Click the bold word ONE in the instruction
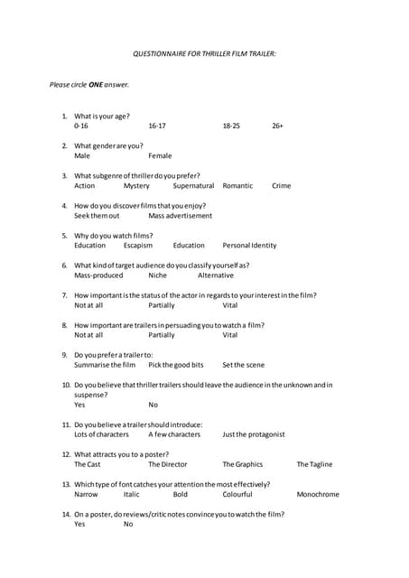[95, 85]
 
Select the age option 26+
[277, 126]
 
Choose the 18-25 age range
[231, 126]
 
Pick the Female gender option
[160, 156]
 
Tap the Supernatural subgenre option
[193, 186]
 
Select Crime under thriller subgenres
[281, 186]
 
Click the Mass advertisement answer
[181, 216]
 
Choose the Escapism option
[138, 246]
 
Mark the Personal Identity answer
[249, 246]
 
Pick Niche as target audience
[157, 275]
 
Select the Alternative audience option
[216, 275]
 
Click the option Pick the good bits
[176, 365]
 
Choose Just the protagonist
[254, 434]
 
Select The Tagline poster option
[314, 464]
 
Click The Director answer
[168, 464]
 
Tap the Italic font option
[132, 494]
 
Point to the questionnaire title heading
[204, 55]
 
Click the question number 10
[66, 385]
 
